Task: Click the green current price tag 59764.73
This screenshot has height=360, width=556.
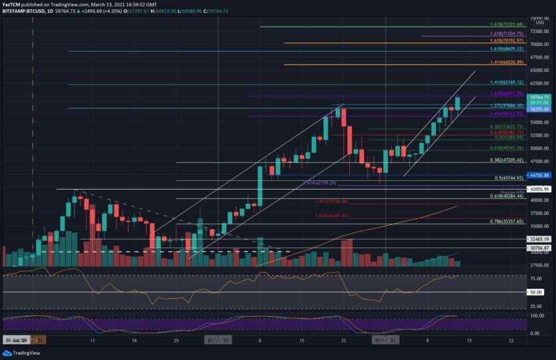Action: [x=539, y=97]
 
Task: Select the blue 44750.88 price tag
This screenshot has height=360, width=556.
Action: [x=539, y=175]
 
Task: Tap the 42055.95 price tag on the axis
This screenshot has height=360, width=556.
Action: [x=539, y=189]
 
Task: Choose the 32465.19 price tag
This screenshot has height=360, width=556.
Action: [x=539, y=238]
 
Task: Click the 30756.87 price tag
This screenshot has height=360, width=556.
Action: [x=539, y=248]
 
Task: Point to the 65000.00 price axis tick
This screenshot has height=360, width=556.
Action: [x=539, y=71]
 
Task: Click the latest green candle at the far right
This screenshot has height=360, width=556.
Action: [x=457, y=103]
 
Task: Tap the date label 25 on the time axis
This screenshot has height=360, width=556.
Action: [x=176, y=339]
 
